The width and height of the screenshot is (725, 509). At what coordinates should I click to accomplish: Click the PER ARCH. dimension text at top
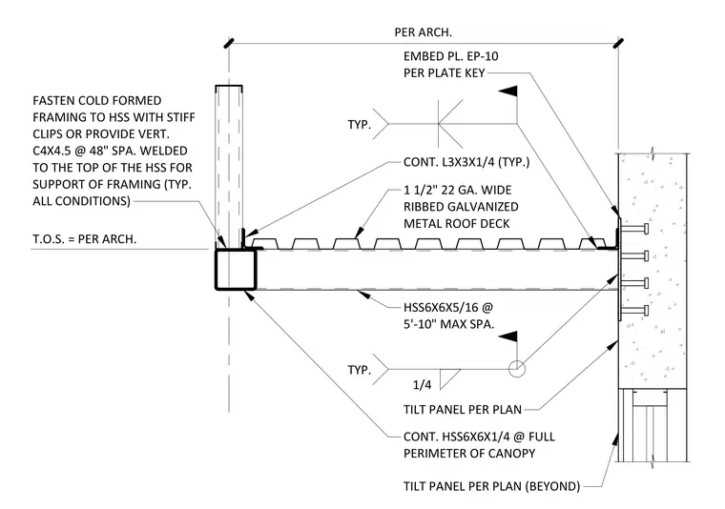pyautogui.click(x=423, y=32)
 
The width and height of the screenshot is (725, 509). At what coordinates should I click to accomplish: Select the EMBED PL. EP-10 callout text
pyautogui.click(x=451, y=56)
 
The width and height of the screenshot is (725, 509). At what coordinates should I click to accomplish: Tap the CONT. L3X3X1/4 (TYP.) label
pyautogui.click(x=466, y=162)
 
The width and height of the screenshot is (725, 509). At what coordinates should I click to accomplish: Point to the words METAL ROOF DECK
pyautogui.click(x=456, y=224)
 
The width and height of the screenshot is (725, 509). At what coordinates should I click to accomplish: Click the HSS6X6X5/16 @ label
pyautogui.click(x=448, y=307)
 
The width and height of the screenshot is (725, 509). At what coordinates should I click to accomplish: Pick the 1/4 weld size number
pyautogui.click(x=422, y=385)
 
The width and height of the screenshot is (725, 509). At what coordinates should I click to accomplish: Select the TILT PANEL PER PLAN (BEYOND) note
pyautogui.click(x=491, y=486)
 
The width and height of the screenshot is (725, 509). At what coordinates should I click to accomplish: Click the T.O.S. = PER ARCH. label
pyautogui.click(x=85, y=239)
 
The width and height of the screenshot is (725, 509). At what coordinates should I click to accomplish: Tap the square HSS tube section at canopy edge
pyautogui.click(x=236, y=270)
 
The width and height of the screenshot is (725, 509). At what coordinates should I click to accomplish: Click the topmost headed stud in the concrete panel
pyautogui.click(x=634, y=228)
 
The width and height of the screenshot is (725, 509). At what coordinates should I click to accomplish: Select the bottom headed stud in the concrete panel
pyautogui.click(x=634, y=310)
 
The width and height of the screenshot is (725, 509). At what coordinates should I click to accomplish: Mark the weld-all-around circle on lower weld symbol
pyautogui.click(x=516, y=369)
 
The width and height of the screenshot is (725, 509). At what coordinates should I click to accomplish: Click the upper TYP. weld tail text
pyautogui.click(x=360, y=124)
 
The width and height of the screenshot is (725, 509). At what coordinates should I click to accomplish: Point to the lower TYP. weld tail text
pyautogui.click(x=360, y=370)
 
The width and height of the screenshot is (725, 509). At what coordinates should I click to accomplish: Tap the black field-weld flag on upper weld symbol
pyautogui.click(x=507, y=91)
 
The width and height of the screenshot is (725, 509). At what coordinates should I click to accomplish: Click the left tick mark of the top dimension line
pyautogui.click(x=229, y=43)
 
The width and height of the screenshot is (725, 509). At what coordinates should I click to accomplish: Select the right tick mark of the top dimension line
pyautogui.click(x=618, y=43)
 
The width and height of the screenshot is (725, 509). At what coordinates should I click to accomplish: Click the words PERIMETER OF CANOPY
pyautogui.click(x=469, y=453)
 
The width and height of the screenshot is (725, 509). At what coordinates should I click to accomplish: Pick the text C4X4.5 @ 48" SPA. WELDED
pyautogui.click(x=110, y=151)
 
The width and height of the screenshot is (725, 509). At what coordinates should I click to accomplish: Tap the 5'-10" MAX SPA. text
pyautogui.click(x=448, y=324)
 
